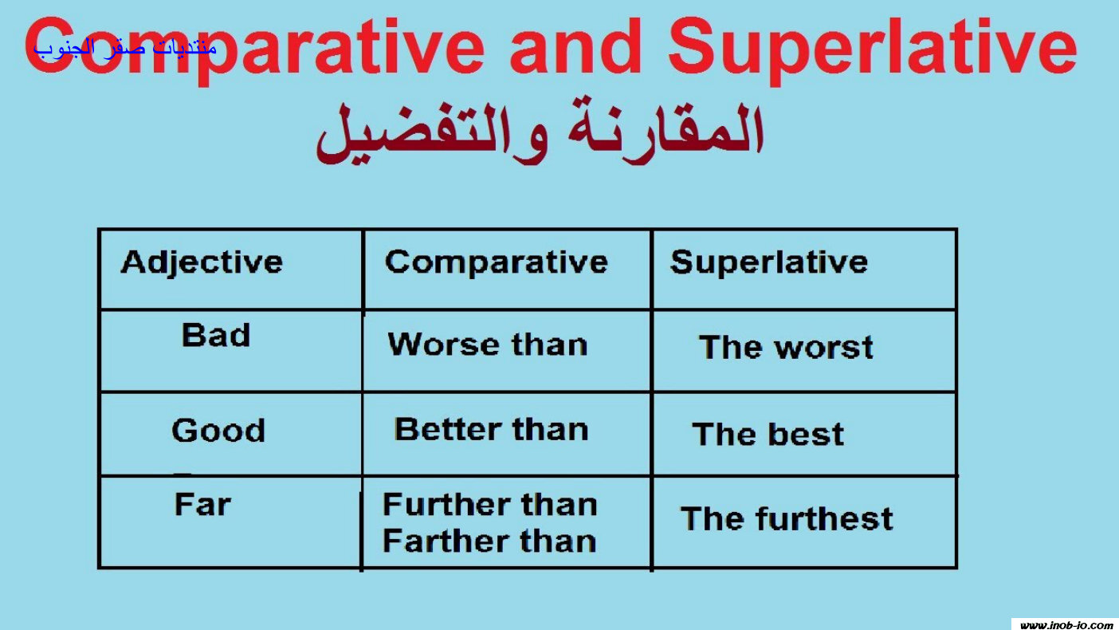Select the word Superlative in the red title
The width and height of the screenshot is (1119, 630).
pos(872,50)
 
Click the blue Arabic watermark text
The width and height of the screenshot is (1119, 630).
pos(125,49)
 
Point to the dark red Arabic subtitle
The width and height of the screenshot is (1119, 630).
pos(540,131)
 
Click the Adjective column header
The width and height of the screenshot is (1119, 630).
pos(202,262)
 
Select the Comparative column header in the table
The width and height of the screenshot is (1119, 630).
pos(496,262)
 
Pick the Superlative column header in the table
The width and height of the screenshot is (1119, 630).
pos(769,262)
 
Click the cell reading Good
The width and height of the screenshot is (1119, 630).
pos(218,430)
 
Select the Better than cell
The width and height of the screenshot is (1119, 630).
pos(492,429)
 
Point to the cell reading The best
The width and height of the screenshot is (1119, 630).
pos(768,434)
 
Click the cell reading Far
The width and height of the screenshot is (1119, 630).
pos(202,504)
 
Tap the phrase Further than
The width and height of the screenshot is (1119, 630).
pos(490,504)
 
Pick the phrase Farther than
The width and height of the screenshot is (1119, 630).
pos(489,541)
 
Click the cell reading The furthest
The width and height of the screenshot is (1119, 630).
pos(787,518)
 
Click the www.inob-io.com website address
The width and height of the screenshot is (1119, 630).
pos(1066,625)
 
